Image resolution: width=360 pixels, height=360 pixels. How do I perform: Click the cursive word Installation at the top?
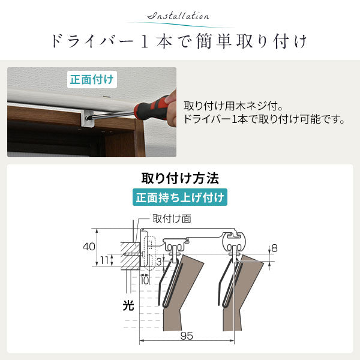178,16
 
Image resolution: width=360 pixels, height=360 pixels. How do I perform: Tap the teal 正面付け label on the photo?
92,80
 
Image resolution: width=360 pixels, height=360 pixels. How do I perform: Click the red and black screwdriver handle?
151,108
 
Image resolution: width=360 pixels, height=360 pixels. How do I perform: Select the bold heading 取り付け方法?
180,178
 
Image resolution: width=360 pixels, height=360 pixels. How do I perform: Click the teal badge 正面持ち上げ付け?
180,197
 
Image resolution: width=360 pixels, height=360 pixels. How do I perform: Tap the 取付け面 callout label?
172,218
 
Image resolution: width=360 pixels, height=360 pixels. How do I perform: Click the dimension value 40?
89,247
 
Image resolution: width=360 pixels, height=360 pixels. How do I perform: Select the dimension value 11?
104,260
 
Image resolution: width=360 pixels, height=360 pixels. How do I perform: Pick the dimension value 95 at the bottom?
187,336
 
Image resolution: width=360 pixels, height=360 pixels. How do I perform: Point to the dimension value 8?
274,248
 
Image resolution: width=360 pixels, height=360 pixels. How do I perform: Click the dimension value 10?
145,280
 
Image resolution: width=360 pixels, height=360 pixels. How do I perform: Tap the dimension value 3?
159,262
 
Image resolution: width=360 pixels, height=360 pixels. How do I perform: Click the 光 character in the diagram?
128,305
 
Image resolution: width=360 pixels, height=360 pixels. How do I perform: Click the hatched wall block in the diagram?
130,256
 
